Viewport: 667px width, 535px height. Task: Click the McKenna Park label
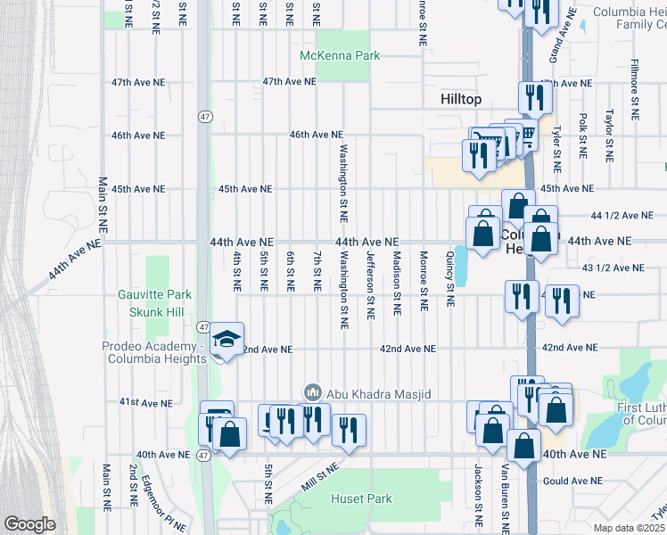click(340, 55)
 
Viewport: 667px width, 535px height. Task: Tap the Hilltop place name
click(462, 100)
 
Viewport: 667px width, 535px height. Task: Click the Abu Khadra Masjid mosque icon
click(312, 392)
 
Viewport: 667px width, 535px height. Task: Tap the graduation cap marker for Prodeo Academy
click(226, 339)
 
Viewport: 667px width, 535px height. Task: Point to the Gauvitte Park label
click(154, 294)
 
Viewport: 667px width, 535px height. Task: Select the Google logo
click(29, 524)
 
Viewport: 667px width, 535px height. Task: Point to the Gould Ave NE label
click(574, 481)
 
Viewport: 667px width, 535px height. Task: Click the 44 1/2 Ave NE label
click(622, 215)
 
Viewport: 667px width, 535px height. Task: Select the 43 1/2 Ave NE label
click(613, 267)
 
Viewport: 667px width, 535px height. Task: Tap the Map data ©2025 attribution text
click(630, 528)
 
